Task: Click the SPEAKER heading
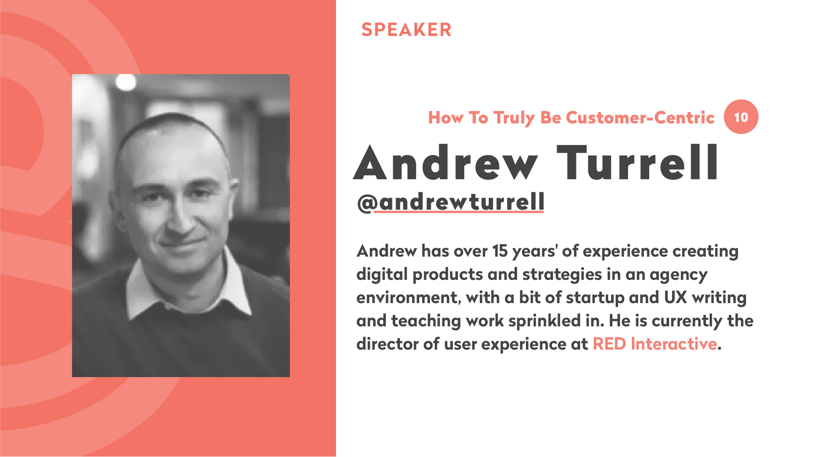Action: click(x=406, y=30)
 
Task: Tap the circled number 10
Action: click(x=741, y=117)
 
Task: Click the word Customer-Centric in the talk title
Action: click(x=640, y=118)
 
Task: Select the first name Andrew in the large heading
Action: click(x=446, y=163)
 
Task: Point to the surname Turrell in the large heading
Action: click(x=637, y=163)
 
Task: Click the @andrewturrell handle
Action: click(x=451, y=202)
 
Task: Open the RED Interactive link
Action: click(x=655, y=344)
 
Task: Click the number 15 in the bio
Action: click(x=500, y=251)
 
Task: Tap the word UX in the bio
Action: click(x=675, y=297)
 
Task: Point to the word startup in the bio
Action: click(x=595, y=298)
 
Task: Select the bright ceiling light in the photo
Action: click(x=126, y=82)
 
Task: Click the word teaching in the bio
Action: click(x=426, y=321)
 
